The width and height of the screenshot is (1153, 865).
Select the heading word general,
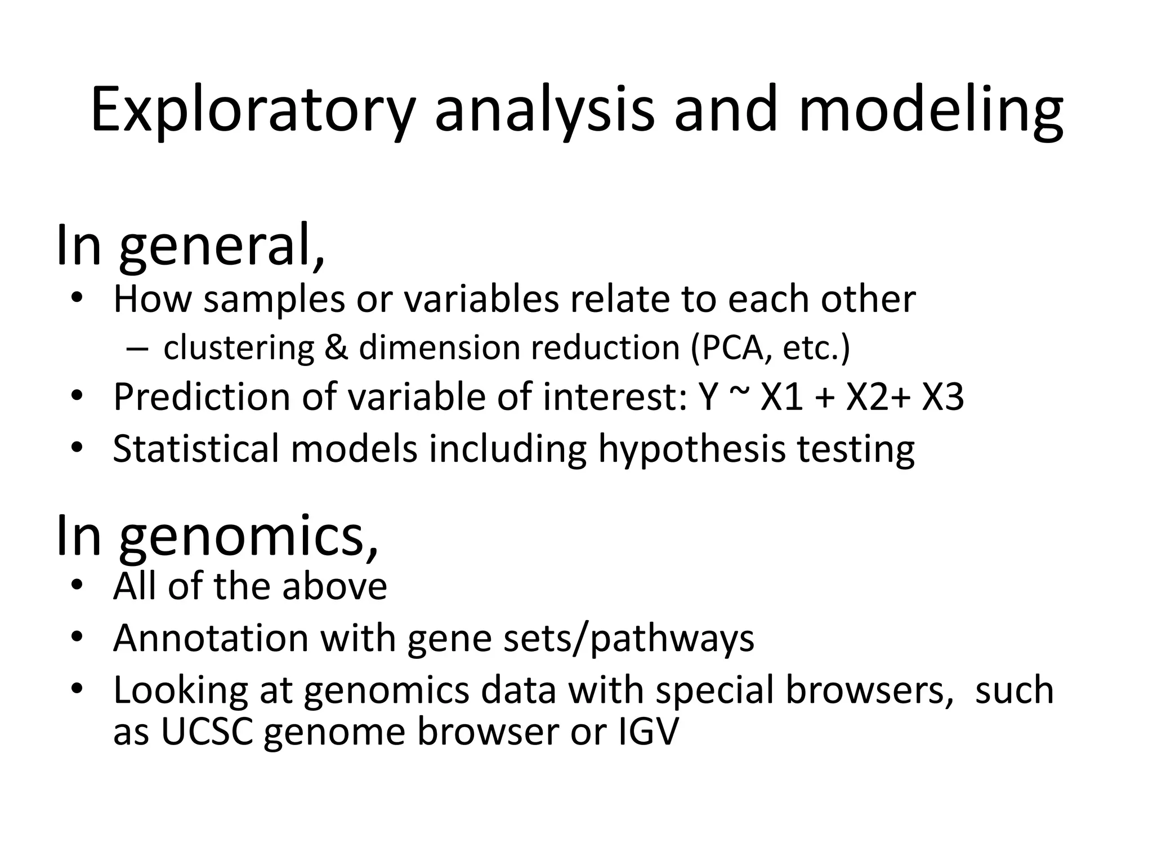click(222, 246)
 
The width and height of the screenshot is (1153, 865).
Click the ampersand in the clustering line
click(336, 347)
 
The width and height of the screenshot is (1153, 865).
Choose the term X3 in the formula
click(942, 398)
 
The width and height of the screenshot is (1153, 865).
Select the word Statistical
click(196, 449)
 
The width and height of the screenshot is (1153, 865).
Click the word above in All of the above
click(334, 587)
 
